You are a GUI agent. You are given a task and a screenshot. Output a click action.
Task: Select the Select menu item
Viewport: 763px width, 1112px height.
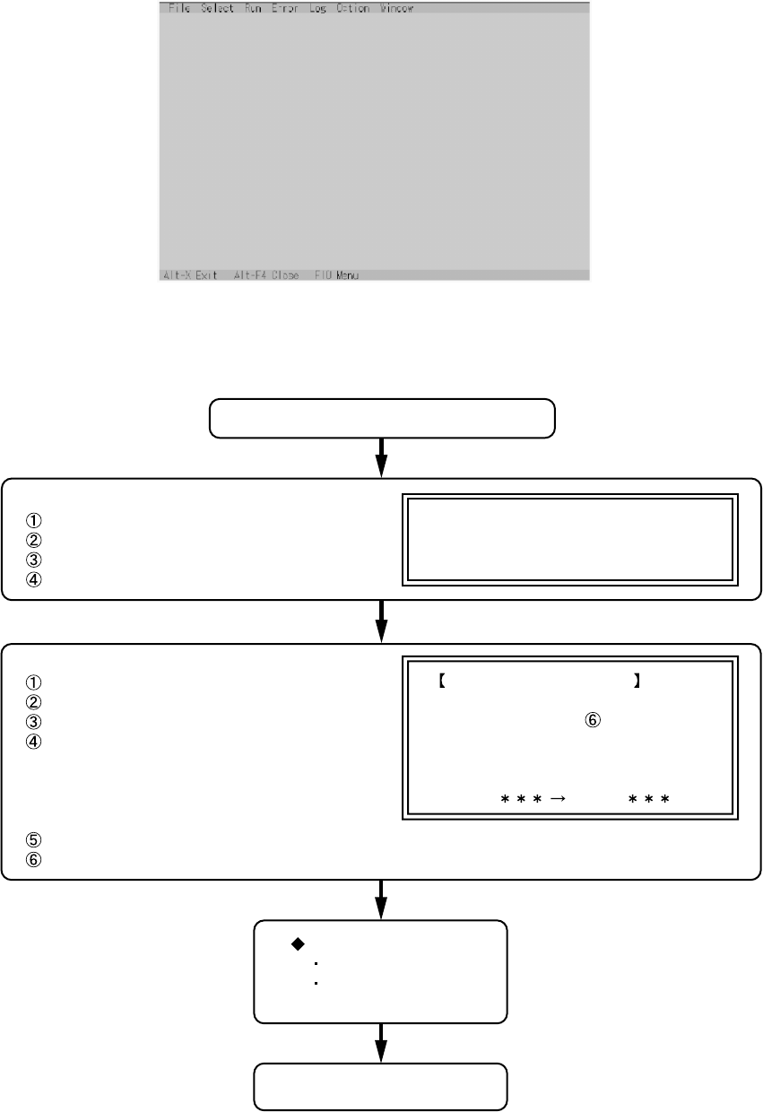click(x=217, y=8)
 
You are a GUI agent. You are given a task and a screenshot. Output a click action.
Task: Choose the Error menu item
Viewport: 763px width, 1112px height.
click(x=284, y=8)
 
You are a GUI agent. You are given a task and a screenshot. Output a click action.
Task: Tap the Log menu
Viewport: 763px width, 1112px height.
click(x=317, y=8)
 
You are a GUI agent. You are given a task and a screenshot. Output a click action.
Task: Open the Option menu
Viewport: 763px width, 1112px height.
click(x=352, y=8)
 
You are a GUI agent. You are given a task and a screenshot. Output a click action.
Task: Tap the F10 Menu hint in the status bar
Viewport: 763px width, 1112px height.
click(x=336, y=275)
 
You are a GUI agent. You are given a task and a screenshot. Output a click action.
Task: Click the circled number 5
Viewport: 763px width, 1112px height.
click(x=34, y=840)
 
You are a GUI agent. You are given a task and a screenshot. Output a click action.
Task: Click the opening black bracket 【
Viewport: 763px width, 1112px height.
click(x=442, y=682)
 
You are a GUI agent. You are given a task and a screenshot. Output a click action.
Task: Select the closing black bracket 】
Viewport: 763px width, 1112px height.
click(x=636, y=682)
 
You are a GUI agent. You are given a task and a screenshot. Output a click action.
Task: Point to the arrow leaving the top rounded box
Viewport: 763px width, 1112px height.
click(x=381, y=457)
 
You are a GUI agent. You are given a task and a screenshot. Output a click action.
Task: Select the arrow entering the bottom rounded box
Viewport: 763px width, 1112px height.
click(x=381, y=1043)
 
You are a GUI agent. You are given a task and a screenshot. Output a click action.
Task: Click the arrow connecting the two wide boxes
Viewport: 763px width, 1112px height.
click(x=381, y=621)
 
